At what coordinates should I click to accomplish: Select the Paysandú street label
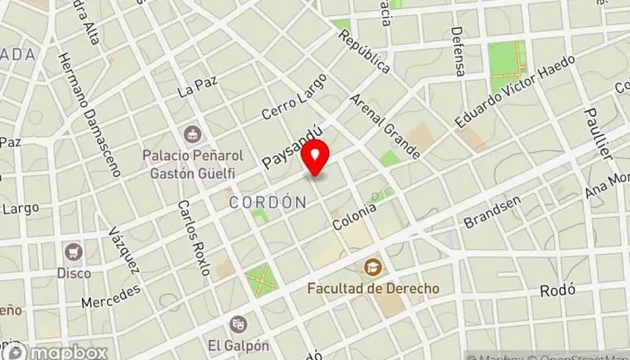coord(292,147)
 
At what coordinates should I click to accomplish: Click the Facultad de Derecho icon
coord(372,267)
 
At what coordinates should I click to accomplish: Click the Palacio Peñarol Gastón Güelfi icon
coord(191,134)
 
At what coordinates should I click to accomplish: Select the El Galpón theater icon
coord(238,324)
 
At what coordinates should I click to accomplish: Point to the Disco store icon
coord(73,252)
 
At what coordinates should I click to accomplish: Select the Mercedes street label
coord(111,297)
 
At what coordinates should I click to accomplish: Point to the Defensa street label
coord(459,50)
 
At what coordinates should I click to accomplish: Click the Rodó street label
coord(556,292)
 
